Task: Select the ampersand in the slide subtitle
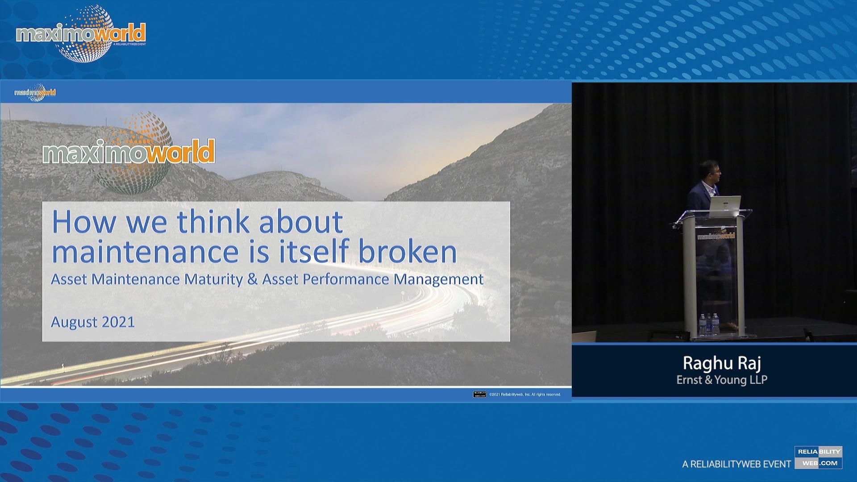pyautogui.click(x=254, y=280)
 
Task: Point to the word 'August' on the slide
pyautogui.click(x=74, y=322)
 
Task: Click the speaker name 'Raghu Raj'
pyautogui.click(x=722, y=363)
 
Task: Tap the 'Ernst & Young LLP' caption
pyautogui.click(x=722, y=380)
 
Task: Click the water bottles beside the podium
pyautogui.click(x=709, y=324)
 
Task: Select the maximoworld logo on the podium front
pyautogui.click(x=716, y=235)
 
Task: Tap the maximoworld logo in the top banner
pyautogui.click(x=81, y=34)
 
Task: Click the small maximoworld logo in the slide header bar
pyautogui.click(x=35, y=93)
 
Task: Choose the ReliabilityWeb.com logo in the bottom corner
pyautogui.click(x=818, y=457)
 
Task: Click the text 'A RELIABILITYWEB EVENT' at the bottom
pyautogui.click(x=736, y=465)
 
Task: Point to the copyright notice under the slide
pyautogui.click(x=524, y=395)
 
